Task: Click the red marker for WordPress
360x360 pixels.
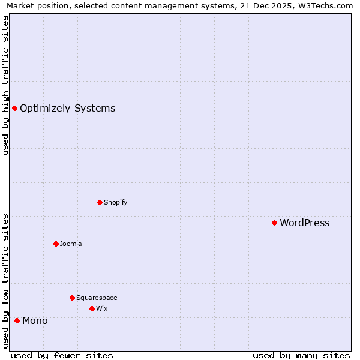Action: (274, 223)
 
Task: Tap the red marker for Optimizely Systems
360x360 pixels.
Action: (14, 109)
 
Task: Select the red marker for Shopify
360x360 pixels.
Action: (100, 202)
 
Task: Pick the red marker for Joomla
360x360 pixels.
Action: (56, 244)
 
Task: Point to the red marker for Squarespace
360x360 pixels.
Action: (72, 298)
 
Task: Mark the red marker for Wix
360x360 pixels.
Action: (92, 308)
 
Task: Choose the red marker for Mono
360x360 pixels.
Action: (17, 321)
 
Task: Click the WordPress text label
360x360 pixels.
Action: (304, 223)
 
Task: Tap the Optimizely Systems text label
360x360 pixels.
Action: (67, 109)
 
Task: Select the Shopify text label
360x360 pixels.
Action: (115, 202)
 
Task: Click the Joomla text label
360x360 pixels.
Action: (71, 244)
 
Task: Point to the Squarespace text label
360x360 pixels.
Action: (97, 298)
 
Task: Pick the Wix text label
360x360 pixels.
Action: (101, 308)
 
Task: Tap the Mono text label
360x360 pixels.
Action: (35, 321)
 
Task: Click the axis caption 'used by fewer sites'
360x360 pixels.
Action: (62, 355)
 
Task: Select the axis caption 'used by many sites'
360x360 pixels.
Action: (301, 355)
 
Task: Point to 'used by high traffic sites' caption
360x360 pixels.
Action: (6, 85)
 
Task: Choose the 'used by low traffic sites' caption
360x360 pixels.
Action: (6, 280)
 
